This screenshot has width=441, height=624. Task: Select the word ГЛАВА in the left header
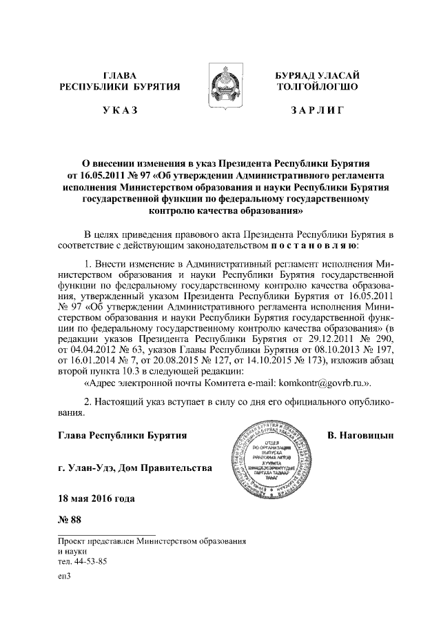click(120, 74)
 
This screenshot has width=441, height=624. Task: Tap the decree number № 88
click(71, 519)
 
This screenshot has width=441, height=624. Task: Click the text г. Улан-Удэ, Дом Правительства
click(135, 470)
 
